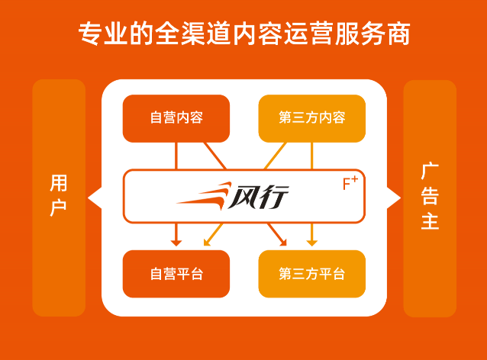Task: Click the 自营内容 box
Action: click(x=176, y=118)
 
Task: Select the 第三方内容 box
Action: click(x=311, y=118)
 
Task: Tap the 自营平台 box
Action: click(x=176, y=274)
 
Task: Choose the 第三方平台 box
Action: click(x=311, y=274)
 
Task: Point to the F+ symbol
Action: click(x=350, y=183)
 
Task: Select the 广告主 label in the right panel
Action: click(x=430, y=196)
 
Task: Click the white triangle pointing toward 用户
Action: click(x=95, y=198)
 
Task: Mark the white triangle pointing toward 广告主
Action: click(x=394, y=198)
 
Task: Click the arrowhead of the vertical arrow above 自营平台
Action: click(x=176, y=243)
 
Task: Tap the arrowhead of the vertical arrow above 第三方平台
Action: click(x=311, y=243)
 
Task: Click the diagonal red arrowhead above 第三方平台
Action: click(x=282, y=243)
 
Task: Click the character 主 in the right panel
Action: click(x=430, y=222)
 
